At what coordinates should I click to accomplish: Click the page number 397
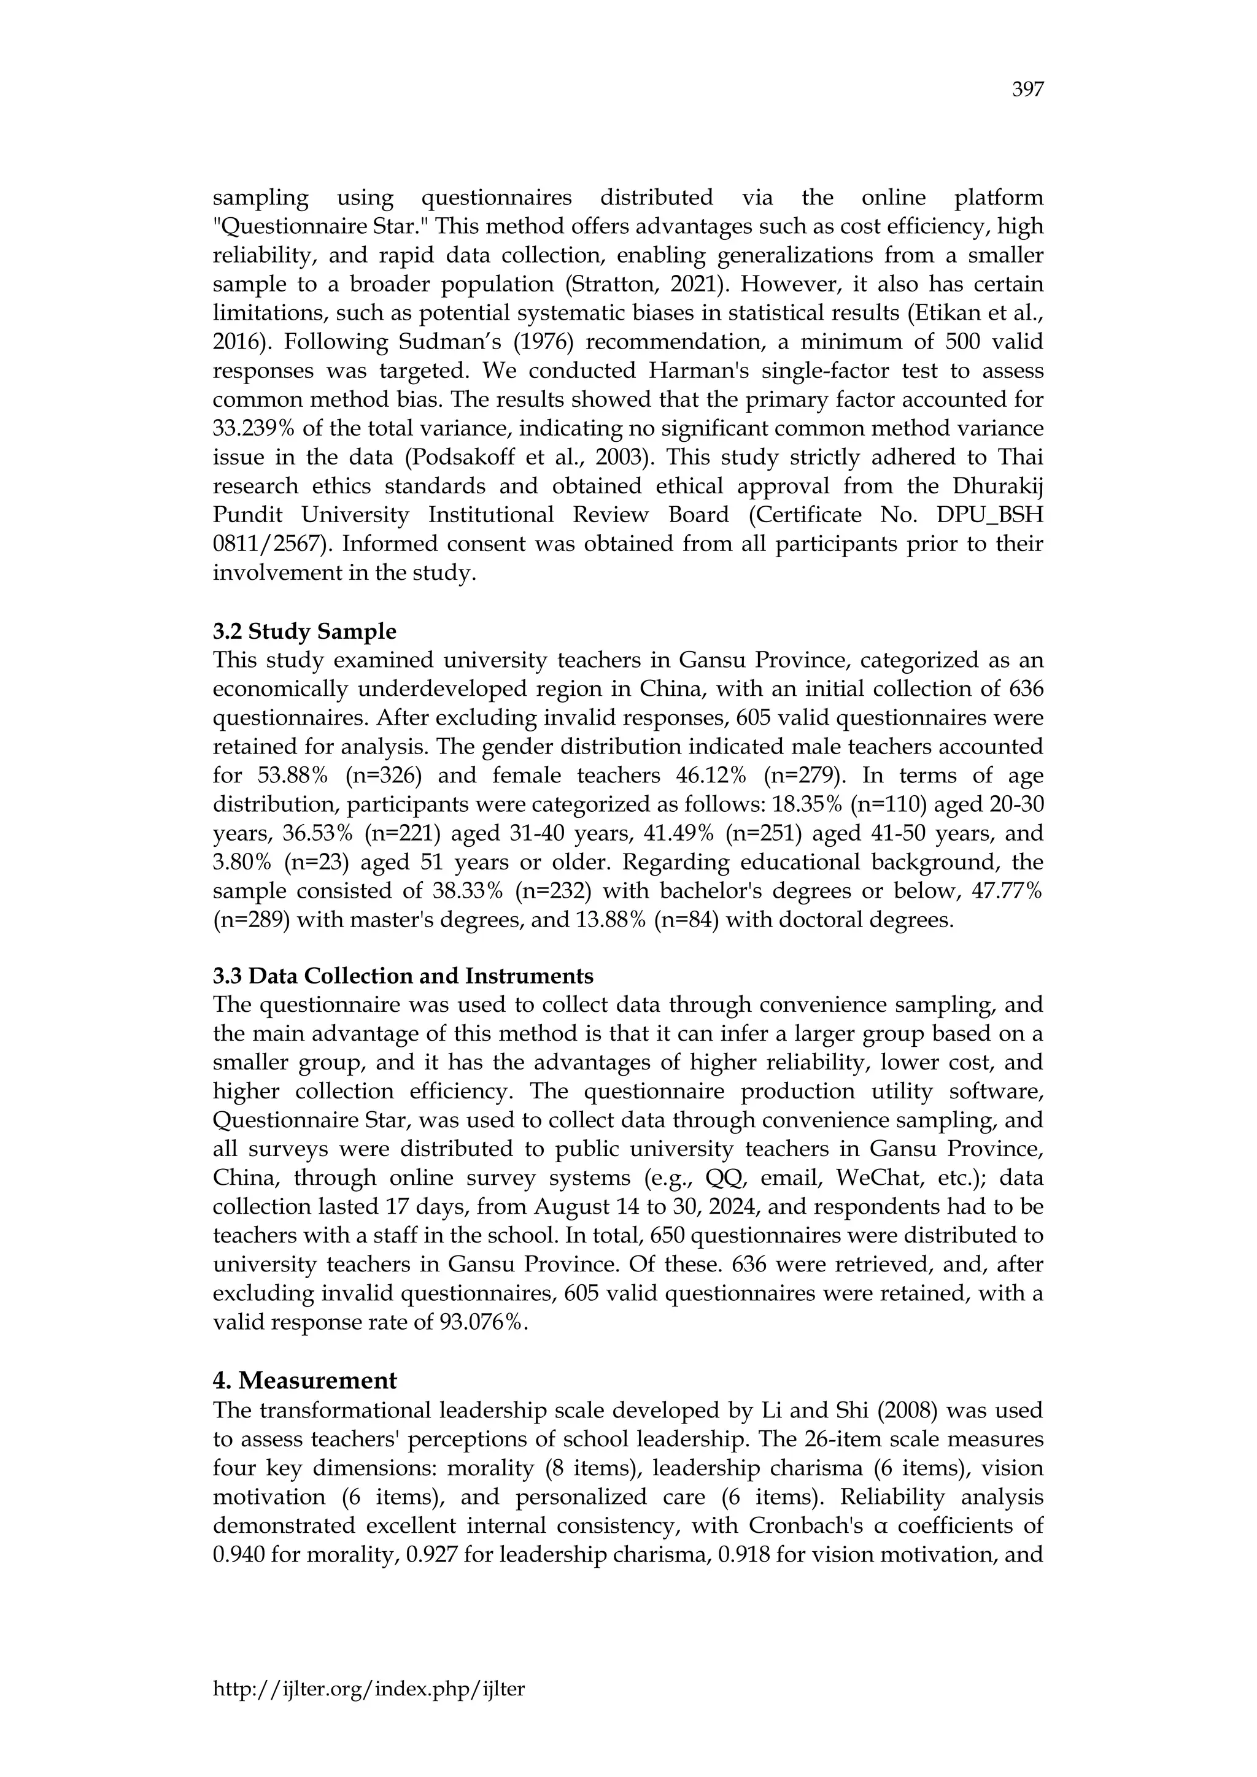1028,91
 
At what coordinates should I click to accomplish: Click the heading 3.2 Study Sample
304,631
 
